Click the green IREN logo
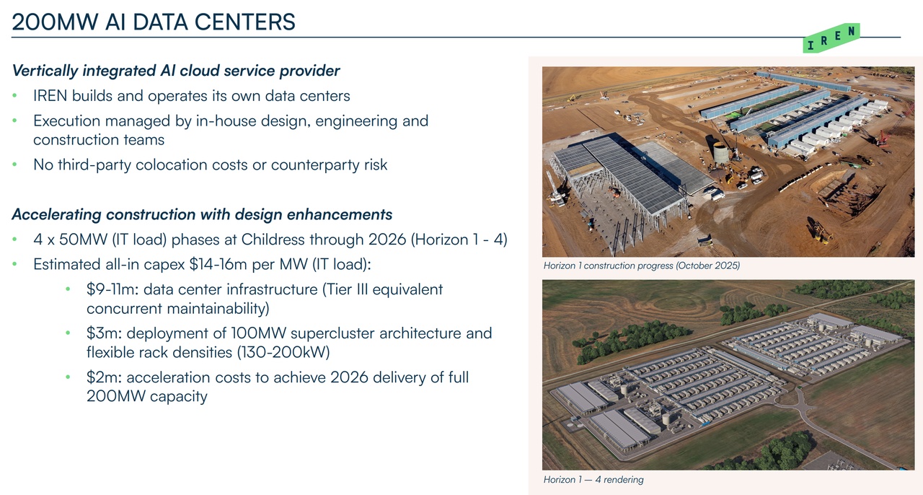(831, 38)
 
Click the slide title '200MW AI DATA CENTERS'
(154, 22)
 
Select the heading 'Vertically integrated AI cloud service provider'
(176, 71)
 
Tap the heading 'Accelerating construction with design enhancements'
(202, 214)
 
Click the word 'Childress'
(267, 240)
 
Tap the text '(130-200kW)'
(283, 352)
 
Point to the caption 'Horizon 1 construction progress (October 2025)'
(642, 266)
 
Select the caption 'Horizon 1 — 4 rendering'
(593, 480)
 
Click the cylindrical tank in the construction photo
(720, 153)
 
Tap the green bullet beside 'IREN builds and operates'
(15, 96)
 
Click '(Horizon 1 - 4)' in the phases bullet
(459, 240)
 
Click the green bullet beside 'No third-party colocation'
(15, 165)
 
